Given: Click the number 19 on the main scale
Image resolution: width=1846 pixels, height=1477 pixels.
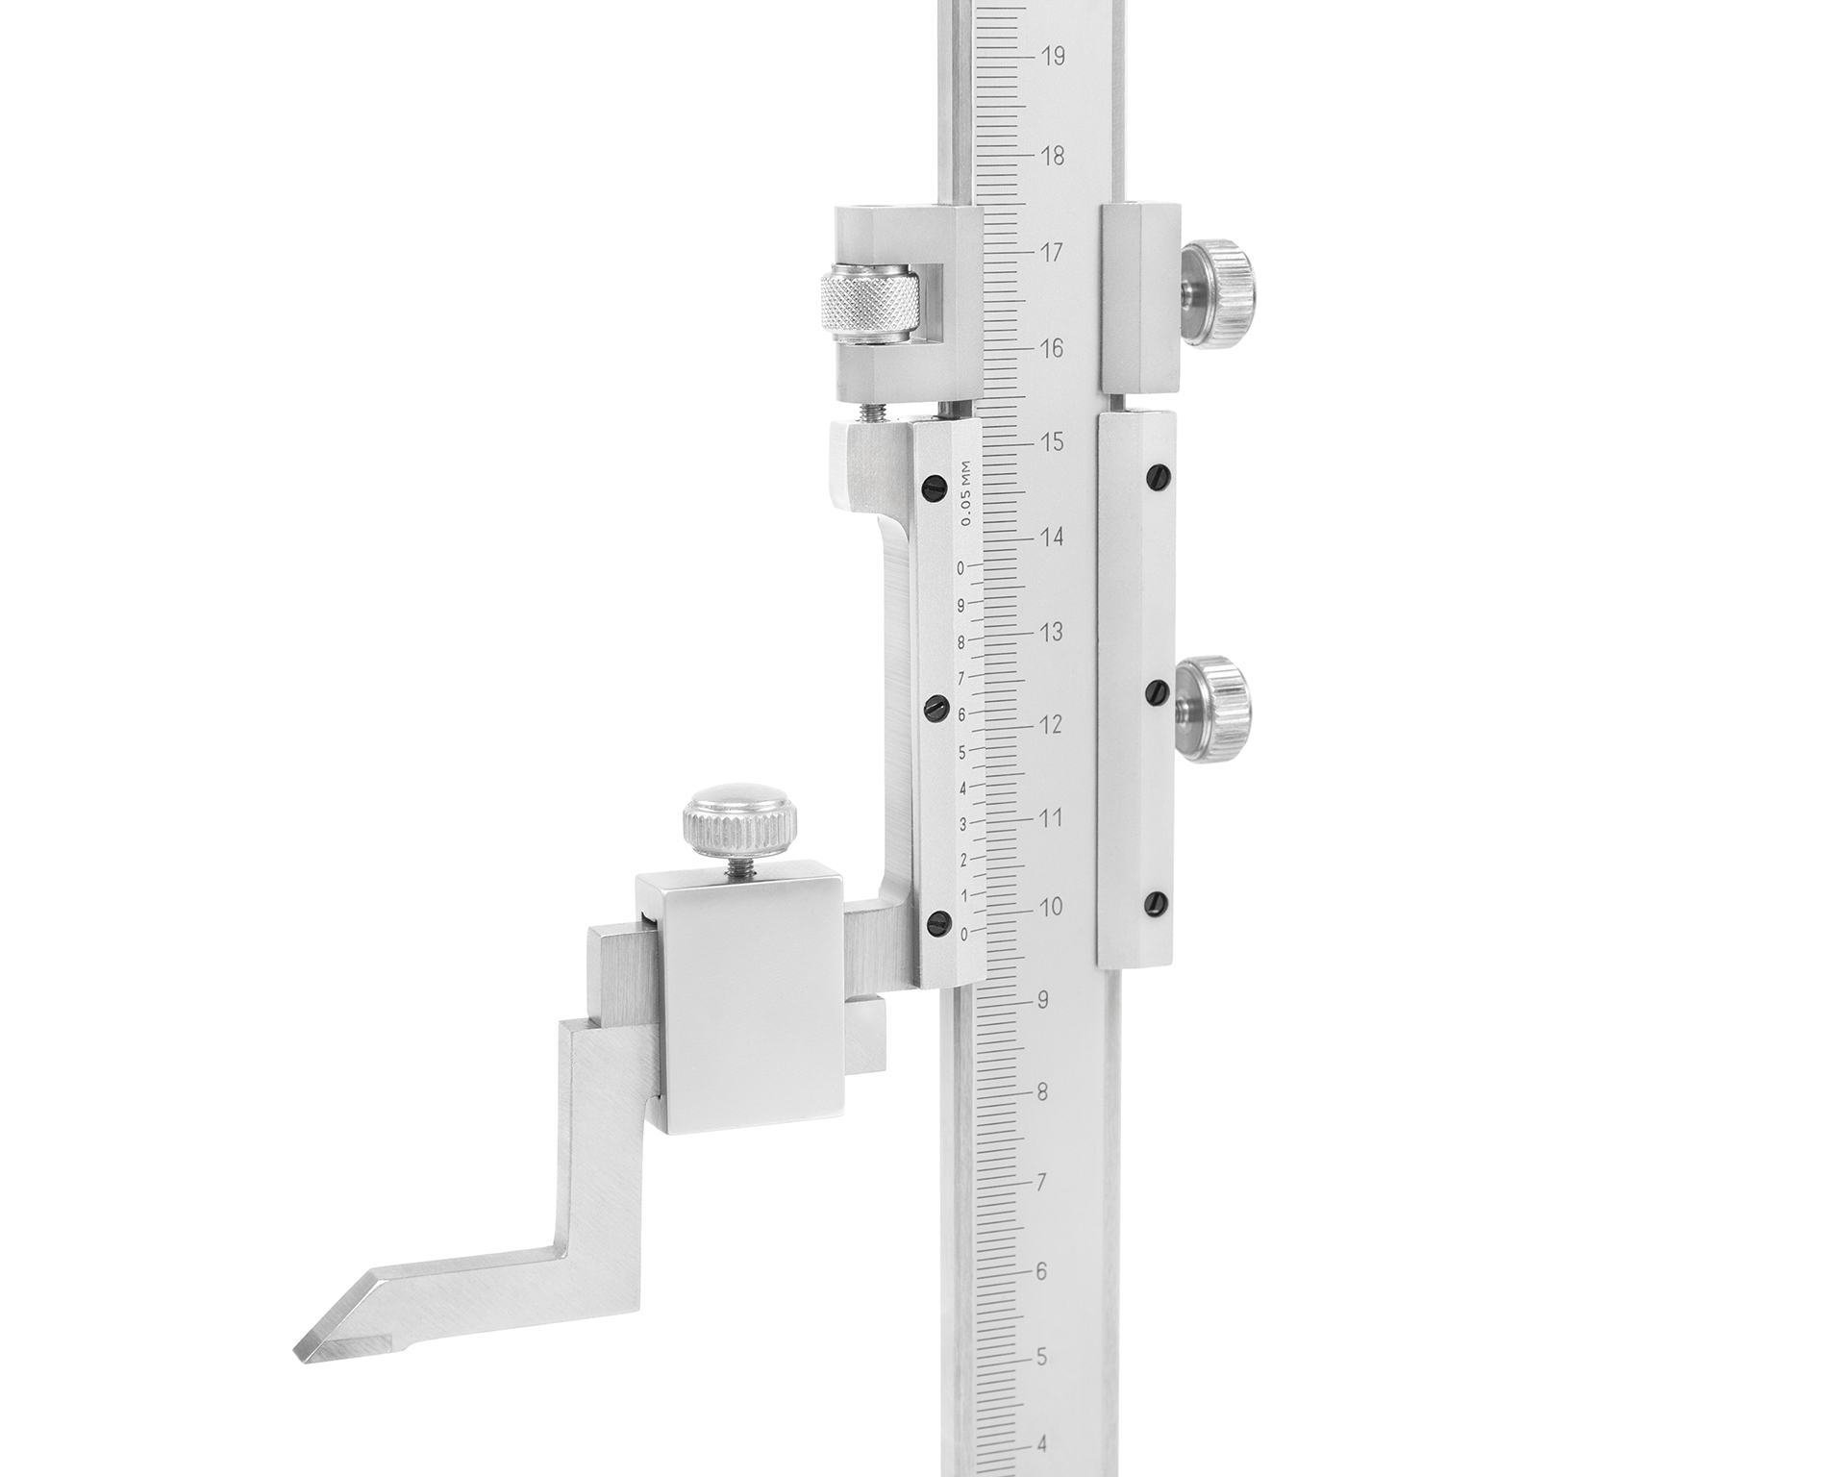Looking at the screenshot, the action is point(1053,57).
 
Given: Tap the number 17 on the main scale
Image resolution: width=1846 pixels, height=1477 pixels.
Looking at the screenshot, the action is point(1052,253).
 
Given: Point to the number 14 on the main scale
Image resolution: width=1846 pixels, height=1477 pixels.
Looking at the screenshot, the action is point(1052,537).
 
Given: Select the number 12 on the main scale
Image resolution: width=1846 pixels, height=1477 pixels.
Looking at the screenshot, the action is point(1052,725).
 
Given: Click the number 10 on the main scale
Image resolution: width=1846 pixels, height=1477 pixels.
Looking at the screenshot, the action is point(1051,908).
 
